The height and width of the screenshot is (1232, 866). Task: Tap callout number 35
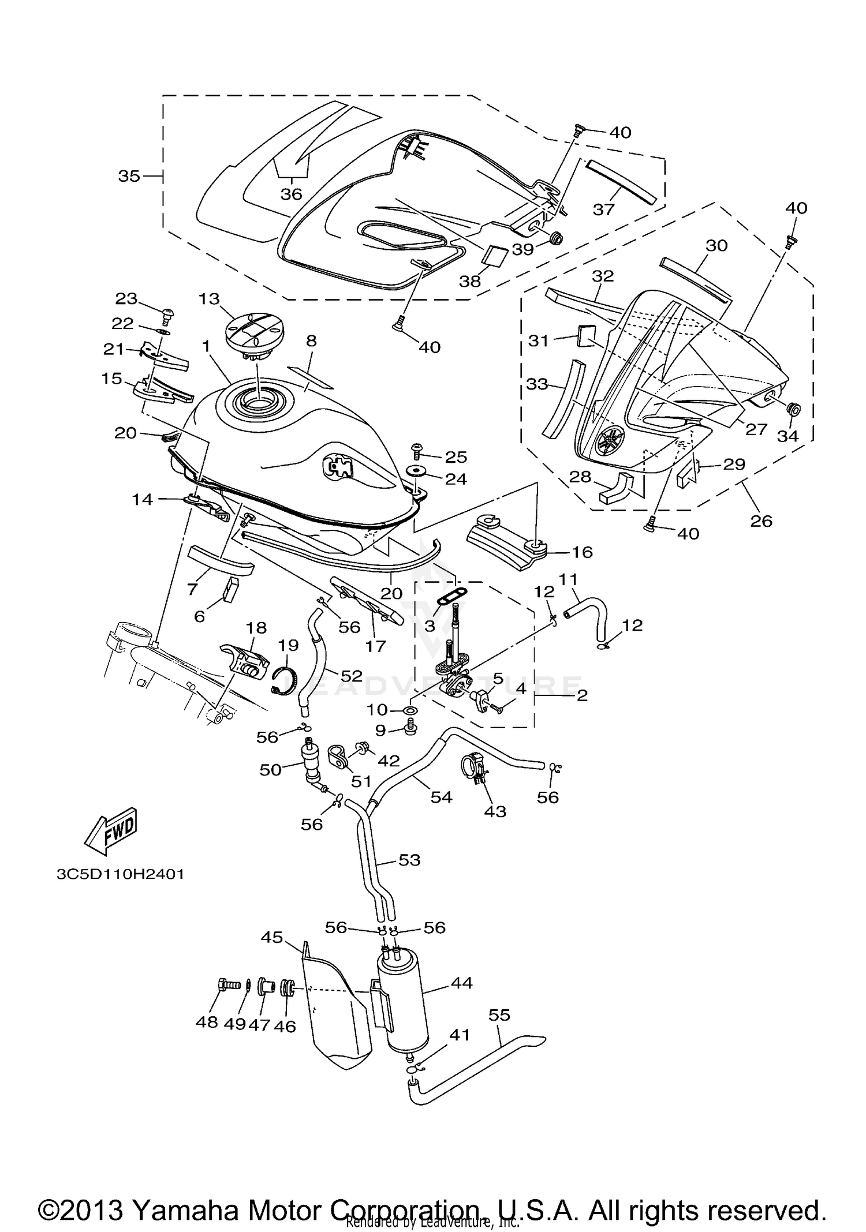click(129, 175)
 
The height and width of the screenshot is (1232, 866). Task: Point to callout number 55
click(499, 1014)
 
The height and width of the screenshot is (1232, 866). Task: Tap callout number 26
click(761, 520)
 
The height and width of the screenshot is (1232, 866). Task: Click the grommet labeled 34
click(794, 410)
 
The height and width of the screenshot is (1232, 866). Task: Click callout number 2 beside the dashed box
click(582, 695)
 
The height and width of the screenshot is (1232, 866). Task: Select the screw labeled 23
click(169, 316)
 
